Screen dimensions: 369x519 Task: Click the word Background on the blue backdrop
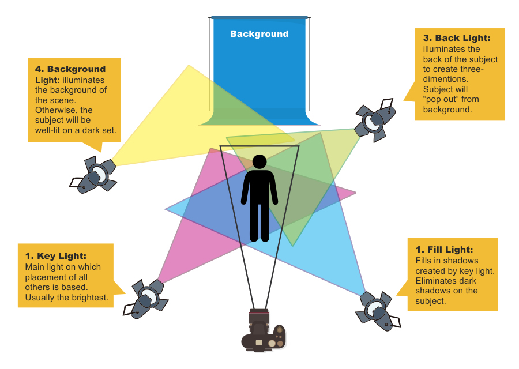(x=259, y=34)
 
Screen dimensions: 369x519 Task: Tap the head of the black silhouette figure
(x=259, y=162)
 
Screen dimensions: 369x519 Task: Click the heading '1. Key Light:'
(x=56, y=256)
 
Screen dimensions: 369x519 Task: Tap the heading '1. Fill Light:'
(x=444, y=250)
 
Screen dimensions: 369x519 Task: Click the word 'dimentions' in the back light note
(x=444, y=80)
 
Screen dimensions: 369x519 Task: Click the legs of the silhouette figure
(x=259, y=222)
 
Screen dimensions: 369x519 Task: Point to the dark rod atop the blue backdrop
(x=261, y=17)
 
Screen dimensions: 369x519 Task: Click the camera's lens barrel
(x=259, y=317)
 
